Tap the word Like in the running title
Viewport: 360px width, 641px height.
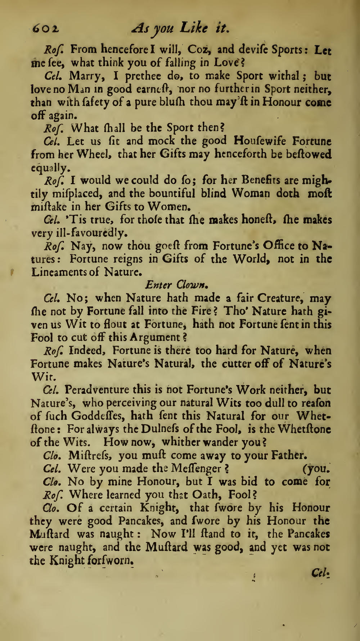(194, 27)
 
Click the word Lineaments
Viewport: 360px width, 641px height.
(59, 272)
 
